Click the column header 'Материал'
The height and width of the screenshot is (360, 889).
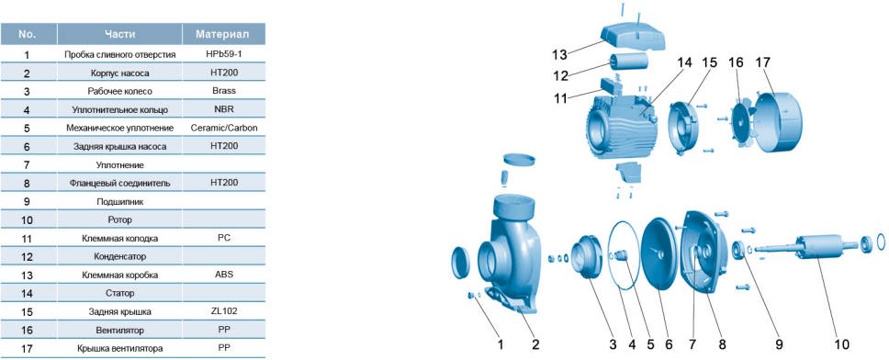(x=223, y=34)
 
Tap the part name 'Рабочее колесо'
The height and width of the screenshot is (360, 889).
(x=119, y=91)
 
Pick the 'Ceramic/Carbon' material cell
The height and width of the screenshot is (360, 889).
(x=224, y=128)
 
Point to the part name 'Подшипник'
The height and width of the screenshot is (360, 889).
(x=119, y=201)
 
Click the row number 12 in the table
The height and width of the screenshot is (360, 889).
(x=28, y=256)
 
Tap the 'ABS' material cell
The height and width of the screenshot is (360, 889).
(x=224, y=275)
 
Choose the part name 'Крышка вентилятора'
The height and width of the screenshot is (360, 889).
(x=119, y=348)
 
